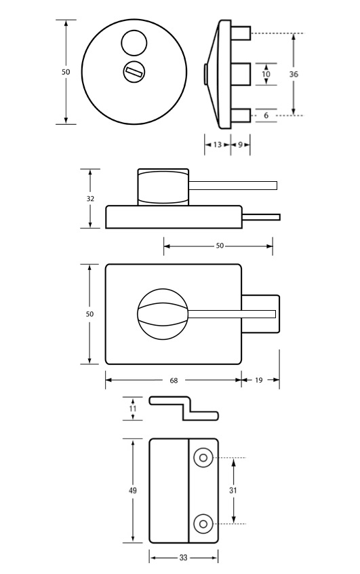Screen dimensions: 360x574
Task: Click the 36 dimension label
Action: click(x=294, y=74)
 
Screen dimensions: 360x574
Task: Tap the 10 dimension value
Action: click(x=266, y=74)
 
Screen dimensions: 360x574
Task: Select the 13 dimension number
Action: click(x=218, y=145)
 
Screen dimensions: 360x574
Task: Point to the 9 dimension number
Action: click(x=241, y=145)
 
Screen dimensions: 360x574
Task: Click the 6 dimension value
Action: click(x=266, y=115)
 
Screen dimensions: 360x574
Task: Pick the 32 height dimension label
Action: click(x=90, y=198)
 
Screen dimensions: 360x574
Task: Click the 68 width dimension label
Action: click(x=174, y=381)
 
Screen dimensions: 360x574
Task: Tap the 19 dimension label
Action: click(x=259, y=380)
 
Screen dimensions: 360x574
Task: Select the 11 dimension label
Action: click(x=132, y=408)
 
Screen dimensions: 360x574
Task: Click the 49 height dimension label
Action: click(x=132, y=490)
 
